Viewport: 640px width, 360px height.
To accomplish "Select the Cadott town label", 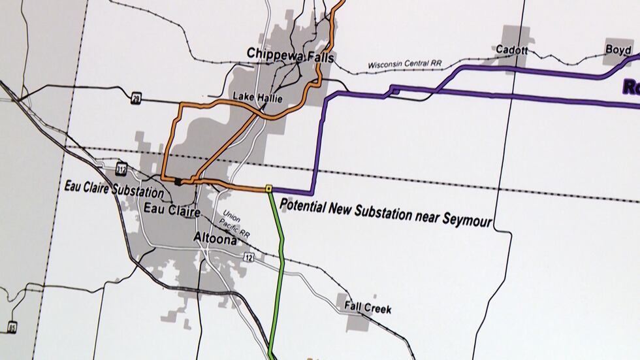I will [512, 50].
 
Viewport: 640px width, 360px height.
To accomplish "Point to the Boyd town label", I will [618, 50].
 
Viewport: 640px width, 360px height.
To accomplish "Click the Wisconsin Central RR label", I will [404, 65].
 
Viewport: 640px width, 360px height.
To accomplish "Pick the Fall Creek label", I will [369, 307].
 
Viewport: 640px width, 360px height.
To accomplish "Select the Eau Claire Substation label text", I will [114, 190].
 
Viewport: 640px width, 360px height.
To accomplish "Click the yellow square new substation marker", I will [268, 189].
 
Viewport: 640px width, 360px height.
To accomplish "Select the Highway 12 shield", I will [249, 259].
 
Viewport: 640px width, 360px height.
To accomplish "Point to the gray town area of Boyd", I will [618, 57].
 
